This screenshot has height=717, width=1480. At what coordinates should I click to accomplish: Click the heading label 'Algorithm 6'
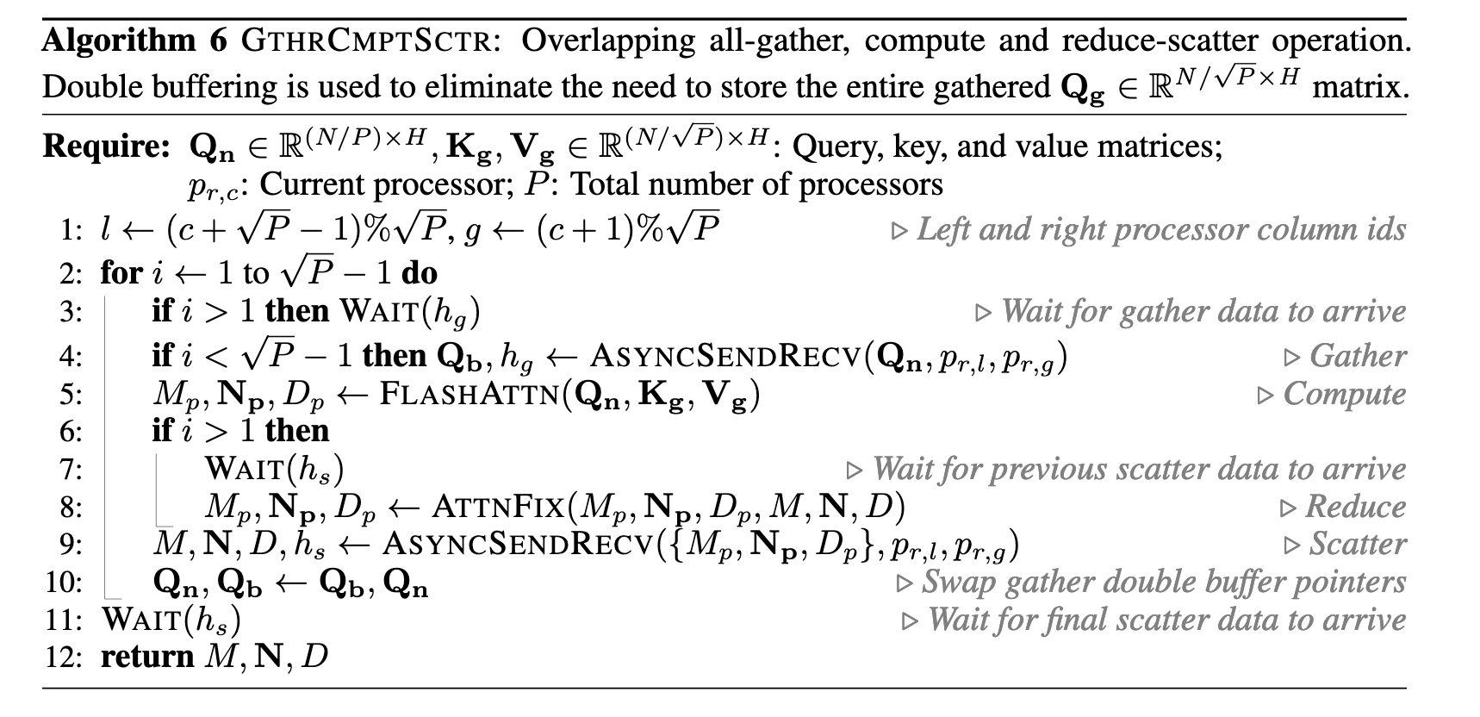point(134,41)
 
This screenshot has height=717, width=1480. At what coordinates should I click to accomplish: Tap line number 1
point(70,231)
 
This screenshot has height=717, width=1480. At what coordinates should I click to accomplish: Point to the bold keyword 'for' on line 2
point(121,273)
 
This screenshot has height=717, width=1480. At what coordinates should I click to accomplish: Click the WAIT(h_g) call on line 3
point(410,311)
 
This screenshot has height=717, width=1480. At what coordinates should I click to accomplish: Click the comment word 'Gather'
point(1357,356)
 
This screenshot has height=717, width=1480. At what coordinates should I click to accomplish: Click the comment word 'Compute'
point(1343,394)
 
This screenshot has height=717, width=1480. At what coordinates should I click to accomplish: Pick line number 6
point(70,431)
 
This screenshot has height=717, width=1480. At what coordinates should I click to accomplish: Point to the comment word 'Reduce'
point(1355,507)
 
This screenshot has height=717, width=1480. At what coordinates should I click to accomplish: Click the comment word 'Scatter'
point(1357,545)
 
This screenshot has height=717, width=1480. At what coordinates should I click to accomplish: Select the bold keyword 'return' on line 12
point(147,658)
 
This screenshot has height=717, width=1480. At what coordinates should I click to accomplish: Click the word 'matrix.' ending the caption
point(1360,87)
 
